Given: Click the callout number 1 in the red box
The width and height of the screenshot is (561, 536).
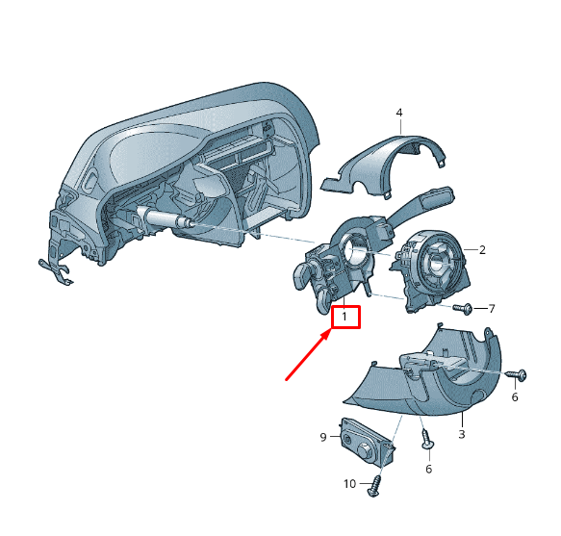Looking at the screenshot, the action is point(344,317).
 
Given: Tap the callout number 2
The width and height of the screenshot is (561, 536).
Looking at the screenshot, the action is point(482,250).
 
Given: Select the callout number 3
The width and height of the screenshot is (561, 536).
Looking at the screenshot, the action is point(462,434).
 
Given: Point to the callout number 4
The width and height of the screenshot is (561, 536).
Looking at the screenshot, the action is point(399,113).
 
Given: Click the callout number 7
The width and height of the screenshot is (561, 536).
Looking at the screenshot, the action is point(492,309).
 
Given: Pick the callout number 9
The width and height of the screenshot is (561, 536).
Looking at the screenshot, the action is point(323,437).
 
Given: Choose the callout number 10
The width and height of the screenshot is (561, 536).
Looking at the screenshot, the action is point(349,484).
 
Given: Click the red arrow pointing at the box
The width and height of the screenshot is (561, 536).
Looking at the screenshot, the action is point(308,355).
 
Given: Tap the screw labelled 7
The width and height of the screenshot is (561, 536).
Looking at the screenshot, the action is point(462,309).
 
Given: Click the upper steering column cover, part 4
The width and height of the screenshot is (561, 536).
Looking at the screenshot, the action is point(384,165).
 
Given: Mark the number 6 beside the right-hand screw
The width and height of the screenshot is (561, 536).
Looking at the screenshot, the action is point(515,396).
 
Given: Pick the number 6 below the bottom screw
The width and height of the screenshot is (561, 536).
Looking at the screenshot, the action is point(429,469).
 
